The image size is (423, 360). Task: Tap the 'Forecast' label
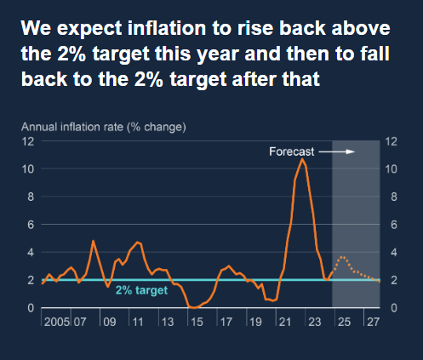click(x=292, y=152)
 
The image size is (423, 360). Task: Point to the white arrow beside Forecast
click(x=338, y=152)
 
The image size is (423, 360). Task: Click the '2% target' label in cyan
click(x=141, y=290)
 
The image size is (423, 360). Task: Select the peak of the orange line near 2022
click(x=302, y=159)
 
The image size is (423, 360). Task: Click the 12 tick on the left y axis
click(x=28, y=141)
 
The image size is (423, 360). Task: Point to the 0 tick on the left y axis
click(x=31, y=308)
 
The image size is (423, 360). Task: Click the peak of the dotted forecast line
click(x=342, y=256)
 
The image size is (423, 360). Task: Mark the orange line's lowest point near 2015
click(x=194, y=307)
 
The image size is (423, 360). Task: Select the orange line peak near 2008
click(x=94, y=241)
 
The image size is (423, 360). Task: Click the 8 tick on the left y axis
click(x=31, y=197)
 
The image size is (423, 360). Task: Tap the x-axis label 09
click(x=110, y=323)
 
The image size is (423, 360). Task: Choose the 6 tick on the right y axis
click(x=391, y=225)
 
